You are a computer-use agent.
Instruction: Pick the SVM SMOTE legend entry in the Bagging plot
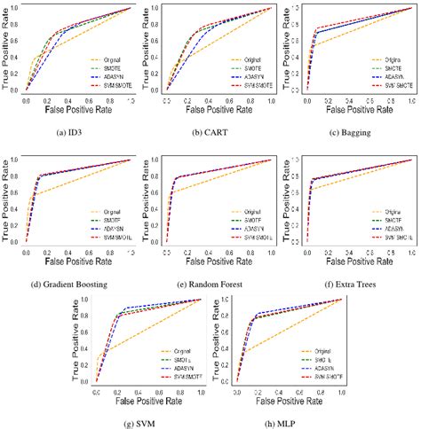coord(388,85)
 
